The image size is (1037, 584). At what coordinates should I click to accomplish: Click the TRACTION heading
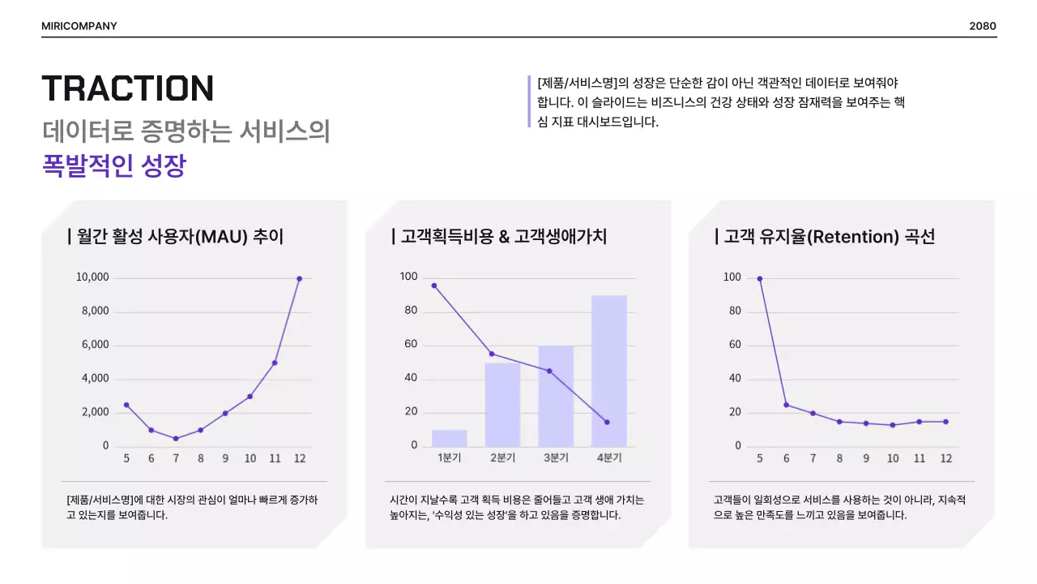[127, 88]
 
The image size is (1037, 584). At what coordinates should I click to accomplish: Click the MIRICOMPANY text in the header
[79, 26]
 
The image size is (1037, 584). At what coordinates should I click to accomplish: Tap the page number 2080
[982, 26]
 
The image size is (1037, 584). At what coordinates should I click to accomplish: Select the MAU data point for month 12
[299, 278]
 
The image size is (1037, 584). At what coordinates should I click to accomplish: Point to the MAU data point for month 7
[176, 438]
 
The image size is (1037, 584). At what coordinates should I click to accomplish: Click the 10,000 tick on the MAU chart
[92, 277]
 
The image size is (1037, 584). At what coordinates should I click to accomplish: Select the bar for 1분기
[449, 438]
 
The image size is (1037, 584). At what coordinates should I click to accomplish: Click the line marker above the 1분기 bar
[434, 286]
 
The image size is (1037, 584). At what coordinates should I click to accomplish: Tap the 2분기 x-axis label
[502, 458]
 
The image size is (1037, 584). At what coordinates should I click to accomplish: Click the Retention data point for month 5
[760, 278]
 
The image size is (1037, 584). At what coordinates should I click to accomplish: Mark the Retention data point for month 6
[786, 405]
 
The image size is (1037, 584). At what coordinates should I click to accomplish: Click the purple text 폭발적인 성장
[114, 166]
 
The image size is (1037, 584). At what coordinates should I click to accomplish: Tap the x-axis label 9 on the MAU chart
[225, 458]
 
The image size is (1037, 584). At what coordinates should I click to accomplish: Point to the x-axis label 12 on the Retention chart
[945, 458]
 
